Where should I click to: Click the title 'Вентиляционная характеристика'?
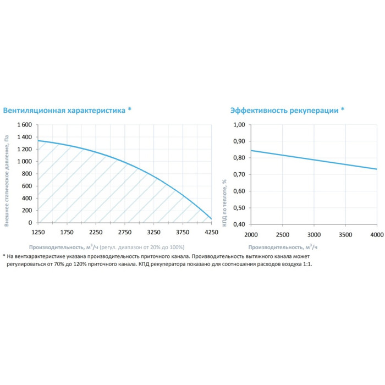(65, 110)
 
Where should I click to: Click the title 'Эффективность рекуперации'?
(284, 110)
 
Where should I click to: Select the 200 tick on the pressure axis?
(27, 211)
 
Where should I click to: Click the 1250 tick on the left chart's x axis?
(38, 232)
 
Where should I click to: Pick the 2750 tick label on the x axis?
(125, 232)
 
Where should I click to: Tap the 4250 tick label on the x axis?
(211, 232)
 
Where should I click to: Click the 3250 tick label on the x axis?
(153, 232)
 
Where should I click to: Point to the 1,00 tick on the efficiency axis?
(239, 125)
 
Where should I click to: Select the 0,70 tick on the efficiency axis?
(239, 175)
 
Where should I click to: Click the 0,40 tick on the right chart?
(239, 224)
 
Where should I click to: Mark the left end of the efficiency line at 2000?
(251, 150)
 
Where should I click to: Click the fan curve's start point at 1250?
(38, 141)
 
